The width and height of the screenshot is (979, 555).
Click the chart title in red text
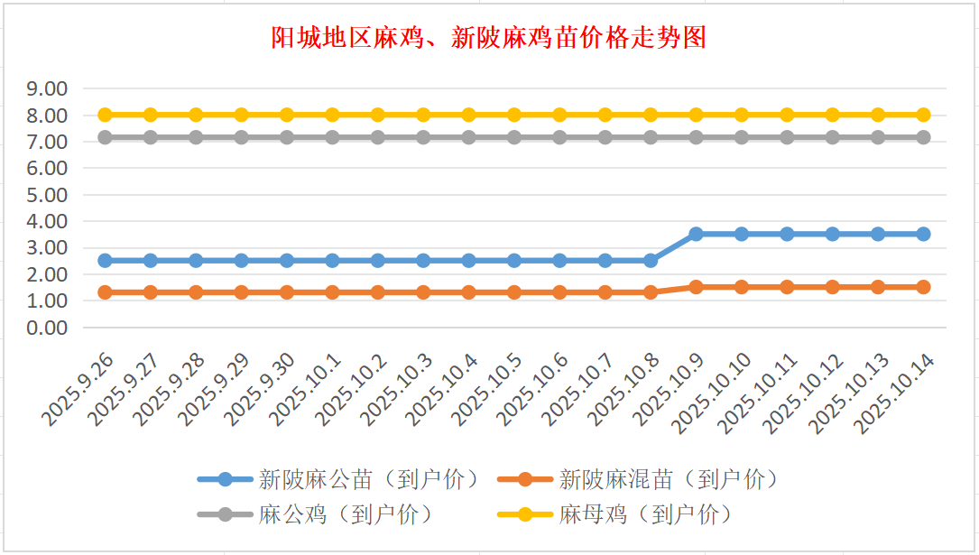pyautogui.click(x=489, y=38)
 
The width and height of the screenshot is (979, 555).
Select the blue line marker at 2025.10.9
pyautogui.click(x=696, y=234)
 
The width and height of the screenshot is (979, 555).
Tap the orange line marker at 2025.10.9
pyautogui.click(x=696, y=287)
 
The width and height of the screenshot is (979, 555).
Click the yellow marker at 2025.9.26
pyautogui.click(x=105, y=115)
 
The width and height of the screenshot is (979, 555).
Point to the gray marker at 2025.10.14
pyautogui.click(x=923, y=137)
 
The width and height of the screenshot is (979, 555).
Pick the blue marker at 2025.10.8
pyautogui.click(x=651, y=260)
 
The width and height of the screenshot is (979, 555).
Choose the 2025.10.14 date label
pyautogui.click(x=897, y=393)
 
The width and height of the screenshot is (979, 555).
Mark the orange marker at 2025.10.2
pyautogui.click(x=378, y=292)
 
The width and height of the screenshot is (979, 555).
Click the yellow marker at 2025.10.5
pyautogui.click(x=514, y=115)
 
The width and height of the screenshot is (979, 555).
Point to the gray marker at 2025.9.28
pyautogui.click(x=196, y=137)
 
